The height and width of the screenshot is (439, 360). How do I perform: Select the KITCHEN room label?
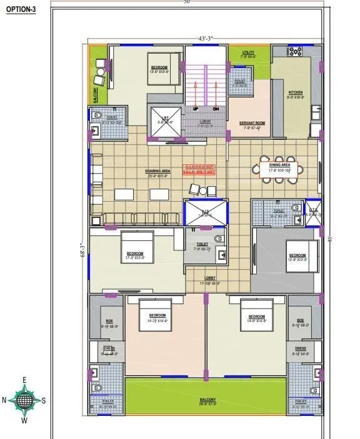click(x=295, y=94)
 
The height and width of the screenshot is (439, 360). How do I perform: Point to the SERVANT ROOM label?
click(x=252, y=125)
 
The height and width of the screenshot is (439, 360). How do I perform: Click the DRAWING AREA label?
click(x=158, y=172)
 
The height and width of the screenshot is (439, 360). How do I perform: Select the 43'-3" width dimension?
click(x=206, y=39)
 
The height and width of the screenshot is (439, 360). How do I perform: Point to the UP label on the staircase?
click(x=196, y=109)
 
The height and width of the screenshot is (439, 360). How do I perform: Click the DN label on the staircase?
click(x=216, y=109)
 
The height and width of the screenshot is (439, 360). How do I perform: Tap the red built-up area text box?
click(x=199, y=169)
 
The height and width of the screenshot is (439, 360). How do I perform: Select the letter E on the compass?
click(x=25, y=380)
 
